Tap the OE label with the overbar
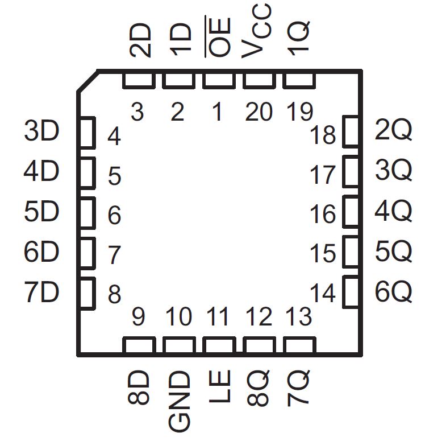[x=218, y=38]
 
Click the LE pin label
[x=219, y=388]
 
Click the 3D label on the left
[x=41, y=132]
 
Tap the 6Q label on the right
[x=393, y=293]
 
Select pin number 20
[x=259, y=112]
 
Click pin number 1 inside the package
[x=217, y=112]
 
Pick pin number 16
[x=323, y=215]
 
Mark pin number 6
[x=114, y=216]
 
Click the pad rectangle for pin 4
[x=86, y=133]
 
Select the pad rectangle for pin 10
[x=179, y=345]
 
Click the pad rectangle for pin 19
[x=298, y=81]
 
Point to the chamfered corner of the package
[x=87, y=81]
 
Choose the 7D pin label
[x=41, y=293]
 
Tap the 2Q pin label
[x=393, y=131]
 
